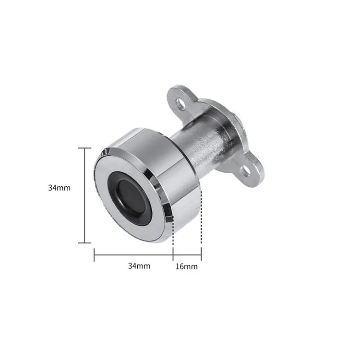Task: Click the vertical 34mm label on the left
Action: coord(59,188)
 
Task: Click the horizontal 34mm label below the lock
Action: coord(139,266)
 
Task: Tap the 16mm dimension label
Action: coord(186,266)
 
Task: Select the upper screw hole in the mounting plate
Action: coord(181,104)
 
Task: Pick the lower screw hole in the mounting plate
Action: coord(245,171)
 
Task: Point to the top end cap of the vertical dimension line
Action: coord(84,148)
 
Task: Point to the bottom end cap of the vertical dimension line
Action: coord(84,243)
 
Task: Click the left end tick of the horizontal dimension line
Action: coord(94,254)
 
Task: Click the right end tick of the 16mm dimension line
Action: coord(201,254)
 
